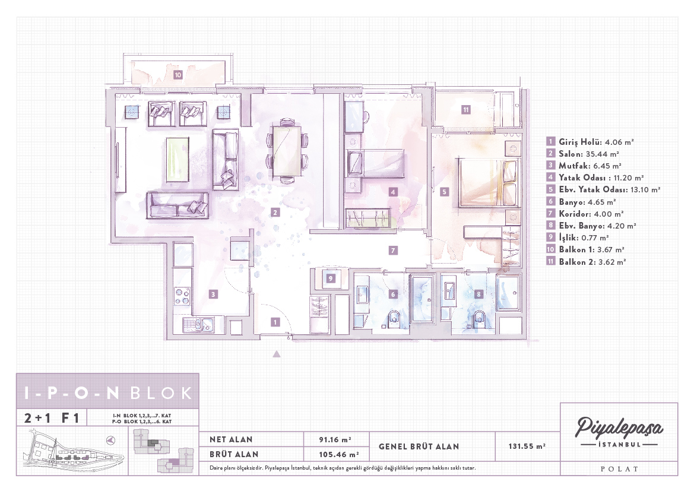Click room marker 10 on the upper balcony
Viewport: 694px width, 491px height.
[178, 75]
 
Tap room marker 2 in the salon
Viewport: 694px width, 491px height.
[275, 213]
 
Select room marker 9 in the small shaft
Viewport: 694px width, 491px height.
[330, 278]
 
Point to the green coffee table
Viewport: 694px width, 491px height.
[178, 159]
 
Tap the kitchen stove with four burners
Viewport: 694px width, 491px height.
[182, 296]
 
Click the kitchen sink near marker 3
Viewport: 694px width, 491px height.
[199, 325]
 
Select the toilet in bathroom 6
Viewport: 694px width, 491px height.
[392, 320]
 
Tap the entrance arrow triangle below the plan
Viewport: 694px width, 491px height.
[277, 354]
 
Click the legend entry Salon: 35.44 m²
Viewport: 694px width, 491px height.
[583, 154]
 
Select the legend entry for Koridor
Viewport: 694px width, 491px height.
[585, 214]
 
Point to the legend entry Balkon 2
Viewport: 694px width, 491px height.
[587, 262]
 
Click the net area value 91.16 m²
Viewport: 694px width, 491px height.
[335, 439]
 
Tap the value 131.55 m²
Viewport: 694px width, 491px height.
[527, 446]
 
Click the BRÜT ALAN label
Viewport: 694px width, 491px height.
[234, 454]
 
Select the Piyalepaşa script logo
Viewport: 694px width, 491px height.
[619, 427]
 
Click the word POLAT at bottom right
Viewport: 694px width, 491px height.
[619, 469]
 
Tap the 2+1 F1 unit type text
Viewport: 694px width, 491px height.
[52, 418]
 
